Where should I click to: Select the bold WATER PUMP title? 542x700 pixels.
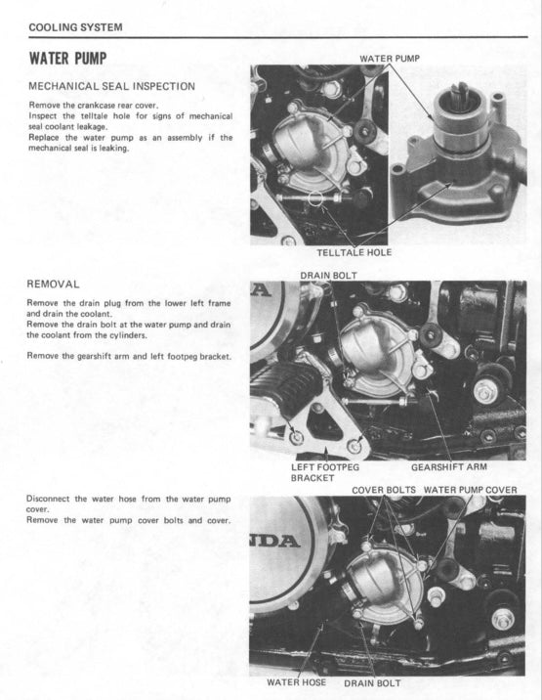pyautogui.click(x=67, y=57)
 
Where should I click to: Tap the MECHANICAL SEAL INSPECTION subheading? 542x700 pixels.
pyautogui.click(x=111, y=86)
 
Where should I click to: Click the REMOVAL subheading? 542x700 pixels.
pyautogui.click(x=54, y=284)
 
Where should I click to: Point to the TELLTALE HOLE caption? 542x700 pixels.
pyautogui.click(x=354, y=252)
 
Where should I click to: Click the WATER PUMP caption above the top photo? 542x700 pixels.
pyautogui.click(x=390, y=59)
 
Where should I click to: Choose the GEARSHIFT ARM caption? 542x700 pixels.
pyautogui.click(x=447, y=467)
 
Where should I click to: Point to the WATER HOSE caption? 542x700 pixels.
pyautogui.click(x=297, y=682)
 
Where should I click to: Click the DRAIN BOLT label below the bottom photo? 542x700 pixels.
pyautogui.click(x=373, y=682)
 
